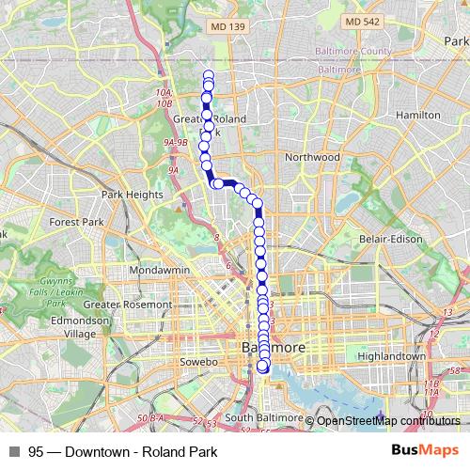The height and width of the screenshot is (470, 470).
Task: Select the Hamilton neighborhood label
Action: (418, 115)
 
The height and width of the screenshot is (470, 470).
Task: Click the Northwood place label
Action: (312, 156)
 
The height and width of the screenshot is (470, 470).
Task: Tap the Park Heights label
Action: (132, 195)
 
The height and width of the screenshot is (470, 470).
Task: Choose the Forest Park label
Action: (77, 222)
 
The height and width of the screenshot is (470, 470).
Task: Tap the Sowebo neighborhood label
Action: (198, 361)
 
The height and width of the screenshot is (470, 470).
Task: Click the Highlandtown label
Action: (393, 357)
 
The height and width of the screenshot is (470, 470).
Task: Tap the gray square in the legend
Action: (14, 452)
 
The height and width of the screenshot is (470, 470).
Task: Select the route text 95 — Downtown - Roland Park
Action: (123, 452)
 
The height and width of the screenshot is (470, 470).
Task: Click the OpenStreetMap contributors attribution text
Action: (388, 420)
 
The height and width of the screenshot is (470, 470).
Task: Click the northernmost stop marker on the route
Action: (208, 75)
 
